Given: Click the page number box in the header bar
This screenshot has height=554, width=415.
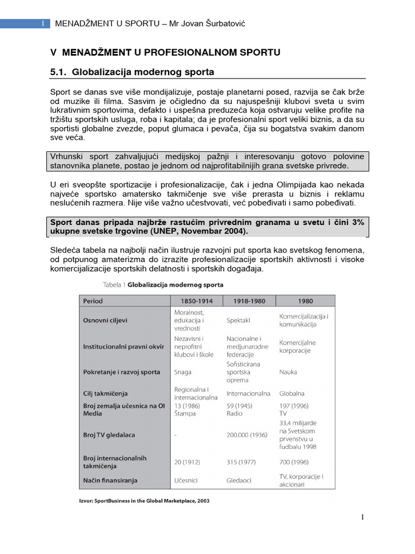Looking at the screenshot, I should pos(43,23).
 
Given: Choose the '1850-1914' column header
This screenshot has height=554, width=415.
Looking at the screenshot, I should pos(196,301).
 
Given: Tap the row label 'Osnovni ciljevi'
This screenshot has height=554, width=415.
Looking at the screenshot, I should pos(105,320).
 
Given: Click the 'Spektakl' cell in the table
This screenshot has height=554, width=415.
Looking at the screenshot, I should pos(238,320).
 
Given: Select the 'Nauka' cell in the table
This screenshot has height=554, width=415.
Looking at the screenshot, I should pos(288,372).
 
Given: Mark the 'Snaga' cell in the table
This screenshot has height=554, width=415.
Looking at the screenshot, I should pos(183,372).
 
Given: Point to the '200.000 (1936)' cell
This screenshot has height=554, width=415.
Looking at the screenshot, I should pos(247,434).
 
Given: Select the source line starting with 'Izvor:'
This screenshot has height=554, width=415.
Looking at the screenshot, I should pos(144,500).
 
